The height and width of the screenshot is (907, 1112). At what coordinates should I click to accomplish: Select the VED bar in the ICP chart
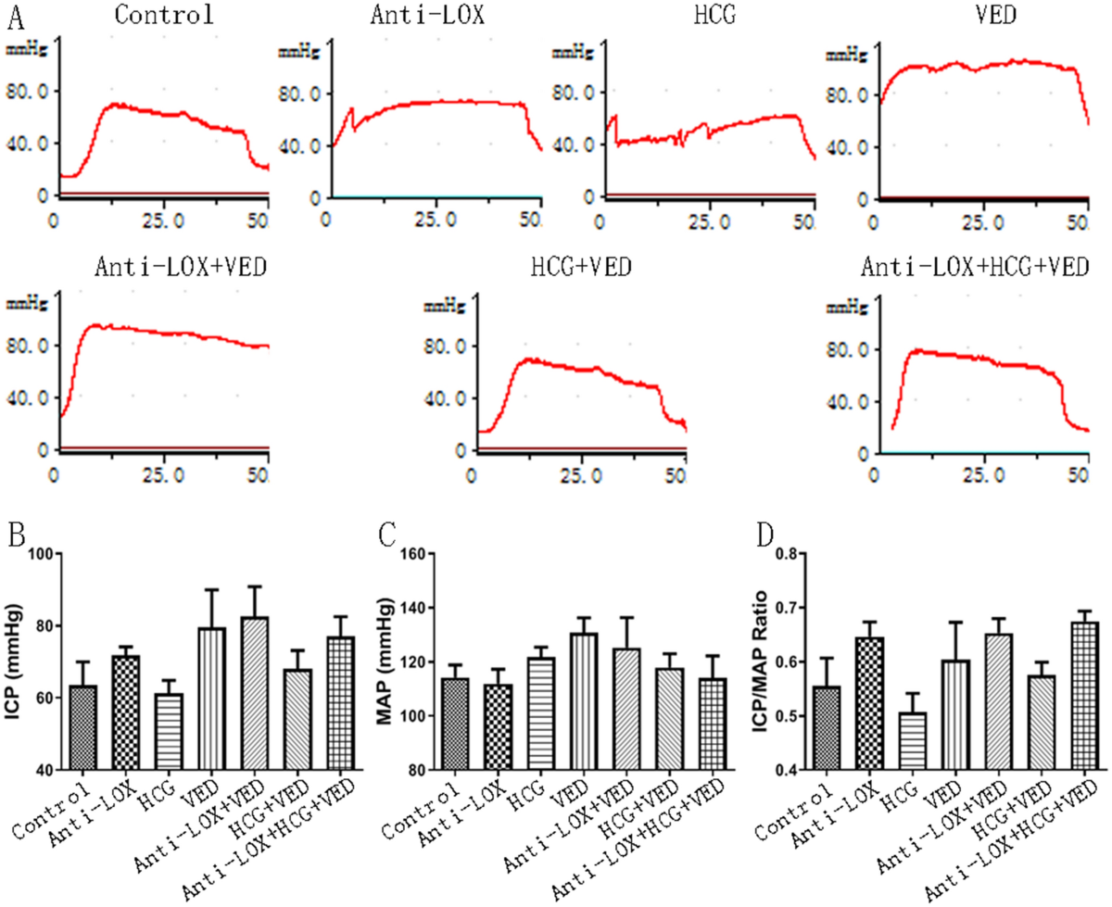212,699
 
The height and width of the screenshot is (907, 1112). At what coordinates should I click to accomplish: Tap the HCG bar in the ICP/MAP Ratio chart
912,741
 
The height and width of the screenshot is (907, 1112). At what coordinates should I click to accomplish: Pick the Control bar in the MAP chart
454,724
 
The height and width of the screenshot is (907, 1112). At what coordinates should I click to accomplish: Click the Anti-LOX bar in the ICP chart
125,712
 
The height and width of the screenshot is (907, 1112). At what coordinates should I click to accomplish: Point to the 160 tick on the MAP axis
413,554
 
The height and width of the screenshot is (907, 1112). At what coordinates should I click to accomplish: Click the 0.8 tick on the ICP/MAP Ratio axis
786,554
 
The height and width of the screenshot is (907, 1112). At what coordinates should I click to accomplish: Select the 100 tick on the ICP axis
42,554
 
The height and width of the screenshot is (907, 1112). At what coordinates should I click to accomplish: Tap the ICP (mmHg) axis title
15,661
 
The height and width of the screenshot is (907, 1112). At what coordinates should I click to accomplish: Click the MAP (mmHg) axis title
385,661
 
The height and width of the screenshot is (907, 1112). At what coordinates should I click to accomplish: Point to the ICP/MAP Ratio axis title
760,661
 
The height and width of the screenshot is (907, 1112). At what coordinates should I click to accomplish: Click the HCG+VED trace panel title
581,267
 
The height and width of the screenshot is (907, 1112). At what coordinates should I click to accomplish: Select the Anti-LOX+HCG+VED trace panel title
974,267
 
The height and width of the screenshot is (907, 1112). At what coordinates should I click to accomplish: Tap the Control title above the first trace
165,14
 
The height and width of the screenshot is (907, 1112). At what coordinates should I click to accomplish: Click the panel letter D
764,536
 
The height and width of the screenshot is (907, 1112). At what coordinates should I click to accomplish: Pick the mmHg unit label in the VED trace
846,55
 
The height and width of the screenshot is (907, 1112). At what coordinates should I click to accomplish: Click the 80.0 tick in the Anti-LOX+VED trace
27,346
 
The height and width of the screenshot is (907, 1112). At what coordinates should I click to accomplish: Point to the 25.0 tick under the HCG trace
709,221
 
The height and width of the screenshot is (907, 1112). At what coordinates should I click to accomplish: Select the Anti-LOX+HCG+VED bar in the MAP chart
713,724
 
